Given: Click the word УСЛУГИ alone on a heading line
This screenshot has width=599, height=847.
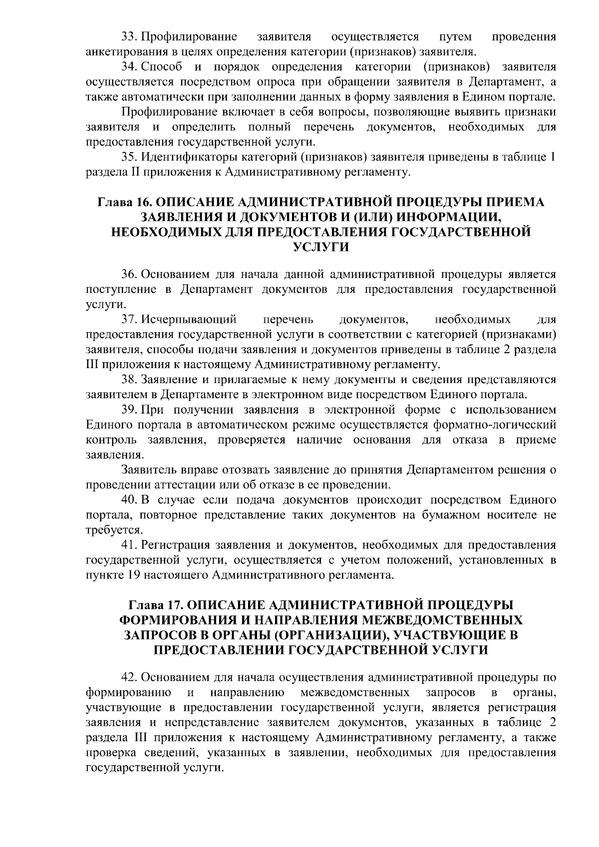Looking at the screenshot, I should coord(320,246).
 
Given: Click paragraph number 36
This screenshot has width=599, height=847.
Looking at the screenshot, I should coord(129,274).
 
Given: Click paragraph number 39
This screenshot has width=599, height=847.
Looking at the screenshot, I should coord(129,410).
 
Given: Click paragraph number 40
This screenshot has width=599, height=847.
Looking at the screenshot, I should coord(129,500).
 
